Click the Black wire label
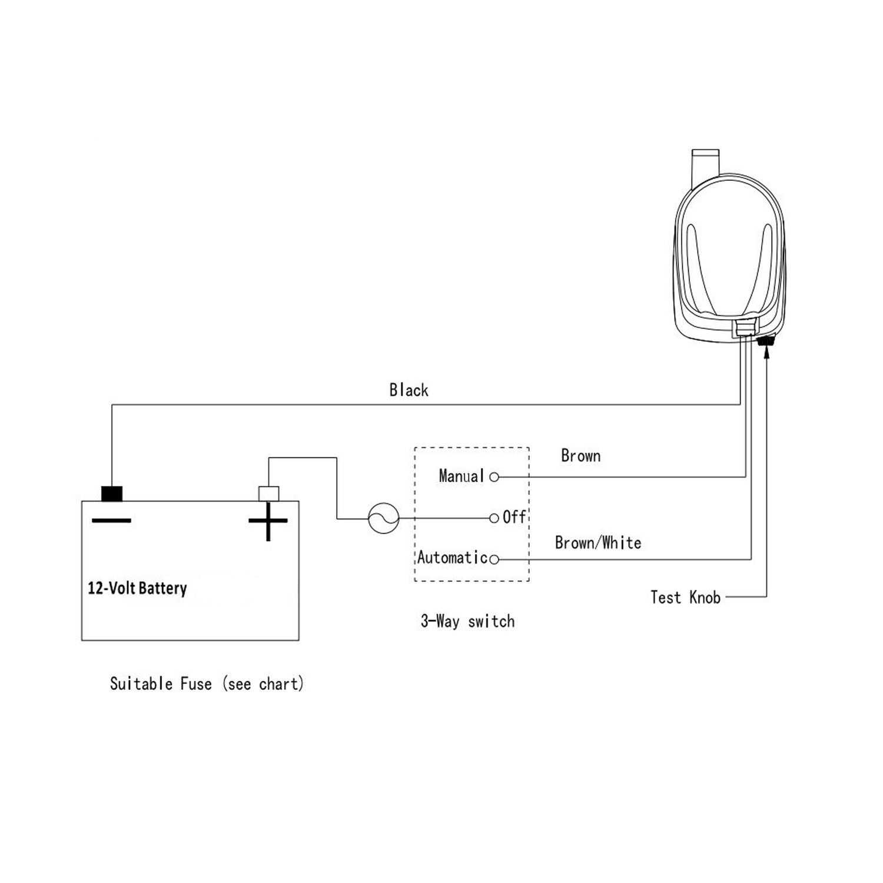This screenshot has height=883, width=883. [409, 390]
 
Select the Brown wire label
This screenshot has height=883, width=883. [580, 456]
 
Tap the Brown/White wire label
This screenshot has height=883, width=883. [597, 543]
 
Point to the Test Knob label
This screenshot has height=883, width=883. [685, 597]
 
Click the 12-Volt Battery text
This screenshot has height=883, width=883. [137, 588]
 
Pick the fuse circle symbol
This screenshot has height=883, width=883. [383, 519]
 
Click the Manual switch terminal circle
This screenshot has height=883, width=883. [494, 477]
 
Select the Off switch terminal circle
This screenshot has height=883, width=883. [494, 519]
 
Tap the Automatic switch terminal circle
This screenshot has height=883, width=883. [494, 559]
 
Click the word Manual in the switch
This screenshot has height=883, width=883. [462, 476]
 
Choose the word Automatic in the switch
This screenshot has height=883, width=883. [452, 557]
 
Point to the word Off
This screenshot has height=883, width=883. [514, 517]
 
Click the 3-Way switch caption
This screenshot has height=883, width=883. [467, 622]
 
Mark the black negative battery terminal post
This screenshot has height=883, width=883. [112, 493]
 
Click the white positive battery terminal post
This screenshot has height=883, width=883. [268, 493]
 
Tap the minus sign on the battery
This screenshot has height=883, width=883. [111, 520]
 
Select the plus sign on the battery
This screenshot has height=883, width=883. [268, 521]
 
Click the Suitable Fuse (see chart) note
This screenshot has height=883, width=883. [207, 684]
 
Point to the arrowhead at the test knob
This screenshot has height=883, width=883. [766, 351]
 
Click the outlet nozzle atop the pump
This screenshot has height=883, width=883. [706, 162]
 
